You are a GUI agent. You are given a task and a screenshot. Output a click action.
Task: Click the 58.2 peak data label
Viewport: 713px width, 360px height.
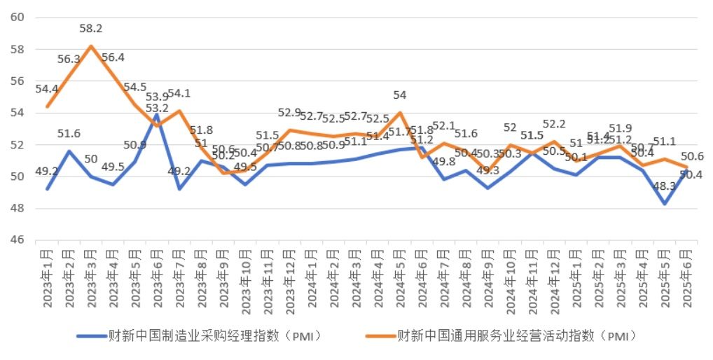click(91, 29)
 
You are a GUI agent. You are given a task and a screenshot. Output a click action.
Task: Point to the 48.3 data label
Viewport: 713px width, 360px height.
click(664, 186)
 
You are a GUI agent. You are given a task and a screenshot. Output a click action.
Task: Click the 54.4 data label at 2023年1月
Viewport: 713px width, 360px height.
click(48, 89)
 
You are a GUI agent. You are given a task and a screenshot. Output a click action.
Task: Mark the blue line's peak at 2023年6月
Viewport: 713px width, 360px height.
click(157, 113)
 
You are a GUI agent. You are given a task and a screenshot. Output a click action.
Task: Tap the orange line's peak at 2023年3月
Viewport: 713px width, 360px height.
click(91, 46)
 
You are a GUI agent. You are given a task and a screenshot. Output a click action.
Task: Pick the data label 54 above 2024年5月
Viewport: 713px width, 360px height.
click(400, 95)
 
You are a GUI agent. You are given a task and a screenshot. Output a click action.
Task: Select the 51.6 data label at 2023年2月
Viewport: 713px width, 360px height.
click(69, 134)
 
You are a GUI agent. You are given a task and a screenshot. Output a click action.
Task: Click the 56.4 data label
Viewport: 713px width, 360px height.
click(113, 57)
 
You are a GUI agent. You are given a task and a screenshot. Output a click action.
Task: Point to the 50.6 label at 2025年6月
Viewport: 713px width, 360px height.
click(692, 156)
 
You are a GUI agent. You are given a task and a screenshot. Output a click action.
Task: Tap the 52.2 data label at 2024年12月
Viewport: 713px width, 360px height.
click(554, 124)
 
